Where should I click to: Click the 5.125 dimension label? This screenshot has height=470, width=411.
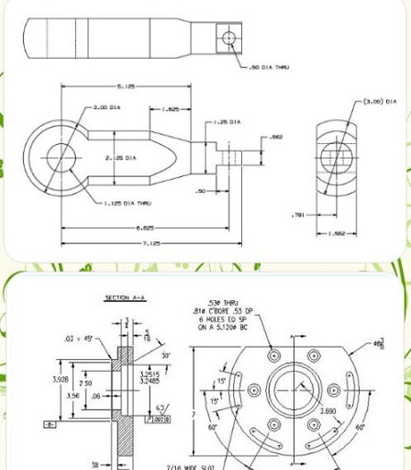click(126, 86)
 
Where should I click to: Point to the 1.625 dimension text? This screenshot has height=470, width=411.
click(170, 109)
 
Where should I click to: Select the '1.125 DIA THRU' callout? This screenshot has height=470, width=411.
click(127, 203)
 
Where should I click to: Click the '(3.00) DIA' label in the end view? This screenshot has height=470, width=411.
click(379, 102)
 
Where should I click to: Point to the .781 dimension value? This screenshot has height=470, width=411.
click(297, 216)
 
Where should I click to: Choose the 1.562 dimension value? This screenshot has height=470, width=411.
click(337, 233)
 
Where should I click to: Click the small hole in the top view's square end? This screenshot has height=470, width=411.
click(228, 39)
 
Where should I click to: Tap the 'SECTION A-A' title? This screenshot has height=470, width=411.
click(122, 298)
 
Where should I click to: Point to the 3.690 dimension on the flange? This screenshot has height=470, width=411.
click(326, 413)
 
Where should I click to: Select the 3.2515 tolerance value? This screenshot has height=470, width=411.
click(151, 374)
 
